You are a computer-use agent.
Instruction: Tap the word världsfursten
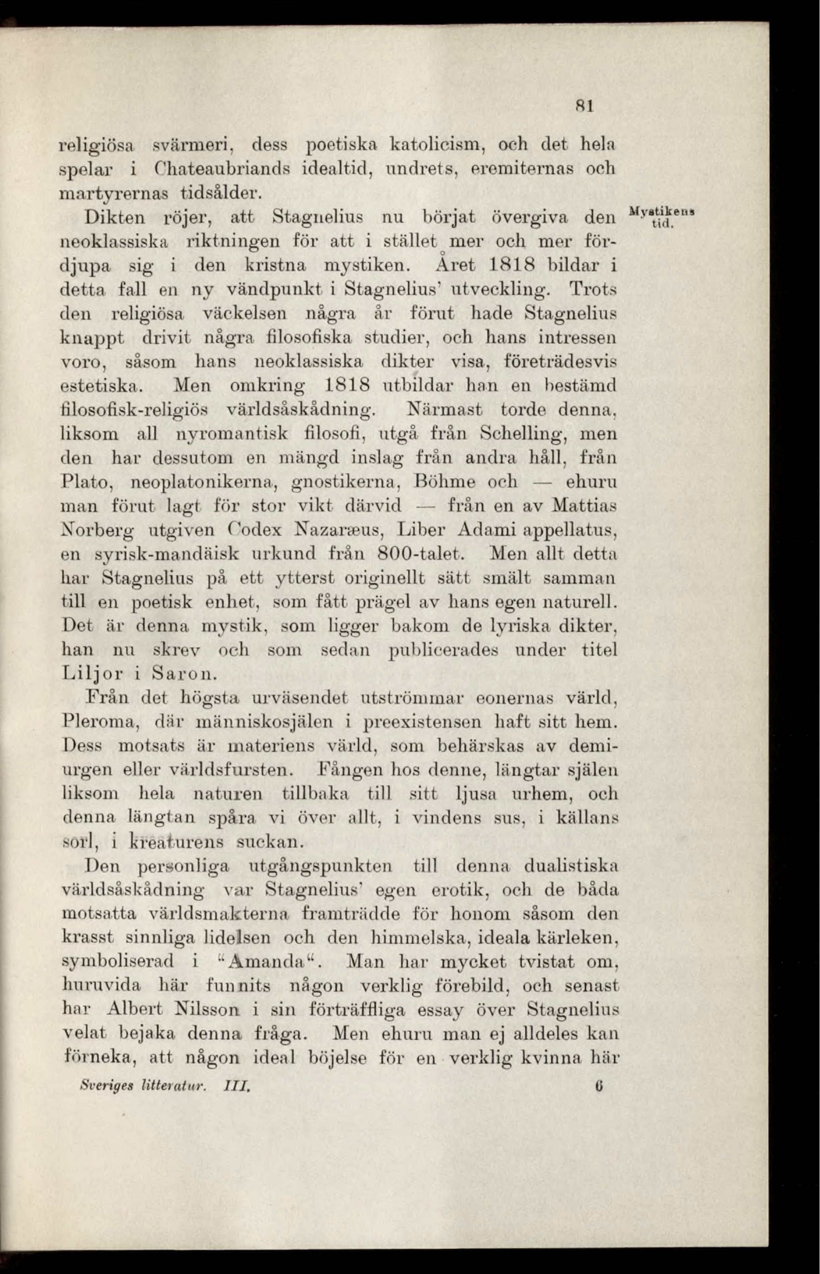tap(230, 770)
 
